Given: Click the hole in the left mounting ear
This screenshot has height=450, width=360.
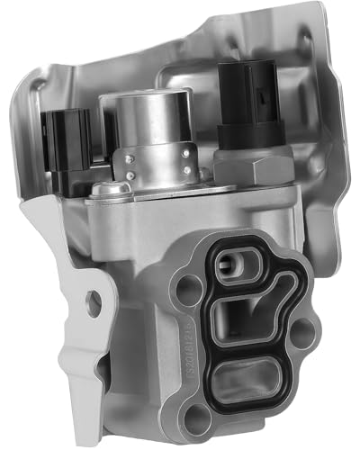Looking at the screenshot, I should point(94,304).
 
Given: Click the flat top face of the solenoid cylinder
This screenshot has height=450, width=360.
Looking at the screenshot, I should point(144,105).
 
